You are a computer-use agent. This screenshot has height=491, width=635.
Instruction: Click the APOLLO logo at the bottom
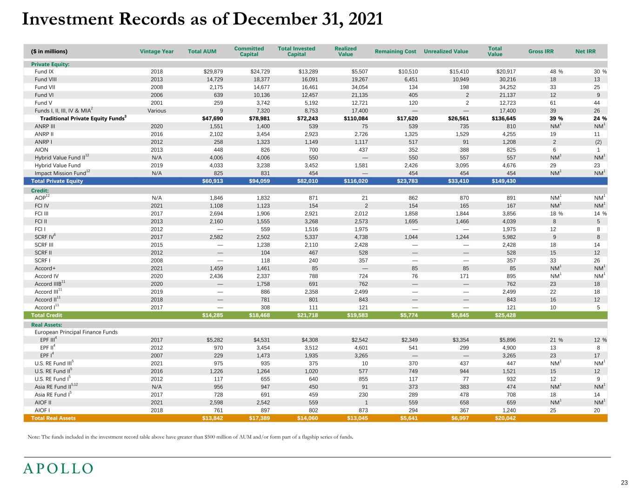[x=58, y=468]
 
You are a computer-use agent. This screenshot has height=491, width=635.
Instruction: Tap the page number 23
[x=624, y=482]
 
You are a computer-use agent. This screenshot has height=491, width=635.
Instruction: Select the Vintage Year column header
[x=157, y=52]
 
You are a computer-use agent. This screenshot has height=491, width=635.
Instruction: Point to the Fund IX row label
[x=44, y=72]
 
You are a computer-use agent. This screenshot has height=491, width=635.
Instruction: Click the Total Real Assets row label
[x=53, y=418]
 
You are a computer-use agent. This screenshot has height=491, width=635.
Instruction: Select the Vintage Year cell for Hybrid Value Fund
[x=157, y=165]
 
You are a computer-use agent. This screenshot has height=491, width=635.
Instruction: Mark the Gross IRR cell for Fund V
[x=553, y=103]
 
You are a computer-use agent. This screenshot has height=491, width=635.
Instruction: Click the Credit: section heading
[x=40, y=191]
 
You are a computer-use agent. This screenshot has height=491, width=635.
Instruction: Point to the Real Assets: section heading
[x=47, y=325]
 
